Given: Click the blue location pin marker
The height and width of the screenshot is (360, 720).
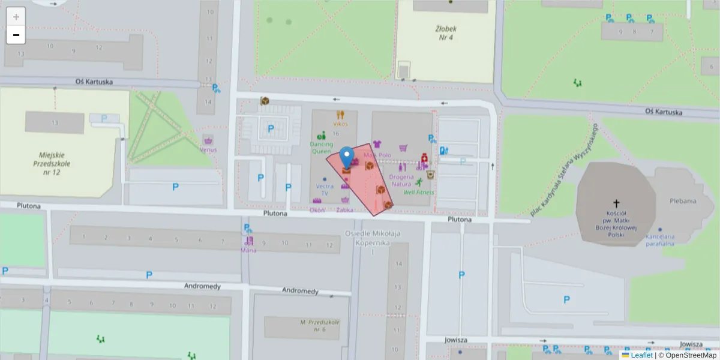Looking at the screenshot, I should click(346, 157).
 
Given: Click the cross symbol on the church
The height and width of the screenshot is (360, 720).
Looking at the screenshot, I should click(616, 203).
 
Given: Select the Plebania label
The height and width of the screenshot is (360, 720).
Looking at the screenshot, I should click(683, 201).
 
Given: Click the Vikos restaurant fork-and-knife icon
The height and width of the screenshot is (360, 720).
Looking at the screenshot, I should click(340, 115).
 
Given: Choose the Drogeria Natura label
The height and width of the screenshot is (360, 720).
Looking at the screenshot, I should click(401, 180).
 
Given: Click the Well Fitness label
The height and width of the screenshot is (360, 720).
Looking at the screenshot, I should click(419, 192).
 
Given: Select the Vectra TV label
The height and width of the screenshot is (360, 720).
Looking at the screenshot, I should click(325, 190).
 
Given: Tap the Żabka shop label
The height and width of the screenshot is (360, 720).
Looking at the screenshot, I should click(345, 210).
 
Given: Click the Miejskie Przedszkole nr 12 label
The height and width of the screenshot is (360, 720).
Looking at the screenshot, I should click(53, 163).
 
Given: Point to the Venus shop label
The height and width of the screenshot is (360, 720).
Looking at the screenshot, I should click(208, 149).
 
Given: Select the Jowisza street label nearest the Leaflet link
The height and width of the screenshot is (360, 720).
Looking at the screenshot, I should click(691, 344).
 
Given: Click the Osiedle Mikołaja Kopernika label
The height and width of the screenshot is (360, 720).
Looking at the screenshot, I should click(373, 238).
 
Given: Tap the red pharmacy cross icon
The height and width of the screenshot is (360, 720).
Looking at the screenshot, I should click(424, 156).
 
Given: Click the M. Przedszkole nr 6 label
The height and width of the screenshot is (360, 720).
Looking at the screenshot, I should click(320, 326).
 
